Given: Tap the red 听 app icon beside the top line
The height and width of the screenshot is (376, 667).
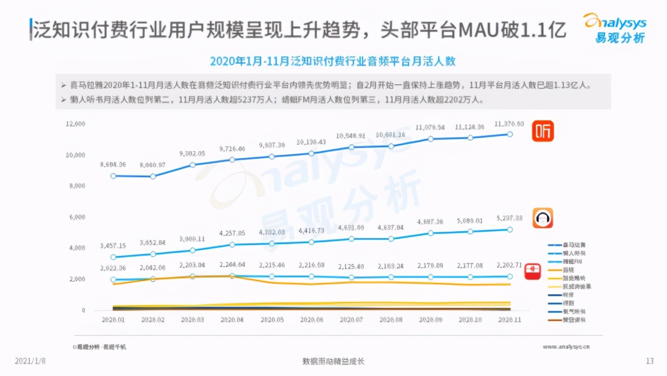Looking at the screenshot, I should (542, 131).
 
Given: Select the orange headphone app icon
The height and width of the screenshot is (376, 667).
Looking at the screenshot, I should (542, 218).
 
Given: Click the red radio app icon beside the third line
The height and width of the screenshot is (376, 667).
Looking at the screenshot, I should (532, 271).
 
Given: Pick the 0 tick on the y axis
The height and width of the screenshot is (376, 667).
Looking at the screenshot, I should (83, 310).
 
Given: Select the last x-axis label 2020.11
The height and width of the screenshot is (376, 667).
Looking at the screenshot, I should (509, 320).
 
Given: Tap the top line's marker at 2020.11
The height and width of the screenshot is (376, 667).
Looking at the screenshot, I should (510, 134).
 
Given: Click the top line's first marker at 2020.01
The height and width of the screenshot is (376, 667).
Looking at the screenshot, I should (113, 176).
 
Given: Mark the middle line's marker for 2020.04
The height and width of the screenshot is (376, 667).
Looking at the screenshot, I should (232, 244).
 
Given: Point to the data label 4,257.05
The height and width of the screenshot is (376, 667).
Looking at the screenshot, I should (233, 233).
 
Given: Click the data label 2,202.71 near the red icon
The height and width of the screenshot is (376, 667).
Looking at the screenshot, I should (509, 265).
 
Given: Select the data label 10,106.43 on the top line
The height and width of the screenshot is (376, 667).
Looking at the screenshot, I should (311, 142).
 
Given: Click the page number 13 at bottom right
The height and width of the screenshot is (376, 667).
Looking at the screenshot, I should (649, 361).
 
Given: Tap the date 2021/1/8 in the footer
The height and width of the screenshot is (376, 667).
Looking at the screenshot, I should (30, 361).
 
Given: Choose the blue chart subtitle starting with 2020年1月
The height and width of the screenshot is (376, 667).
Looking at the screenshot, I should (332, 61).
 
